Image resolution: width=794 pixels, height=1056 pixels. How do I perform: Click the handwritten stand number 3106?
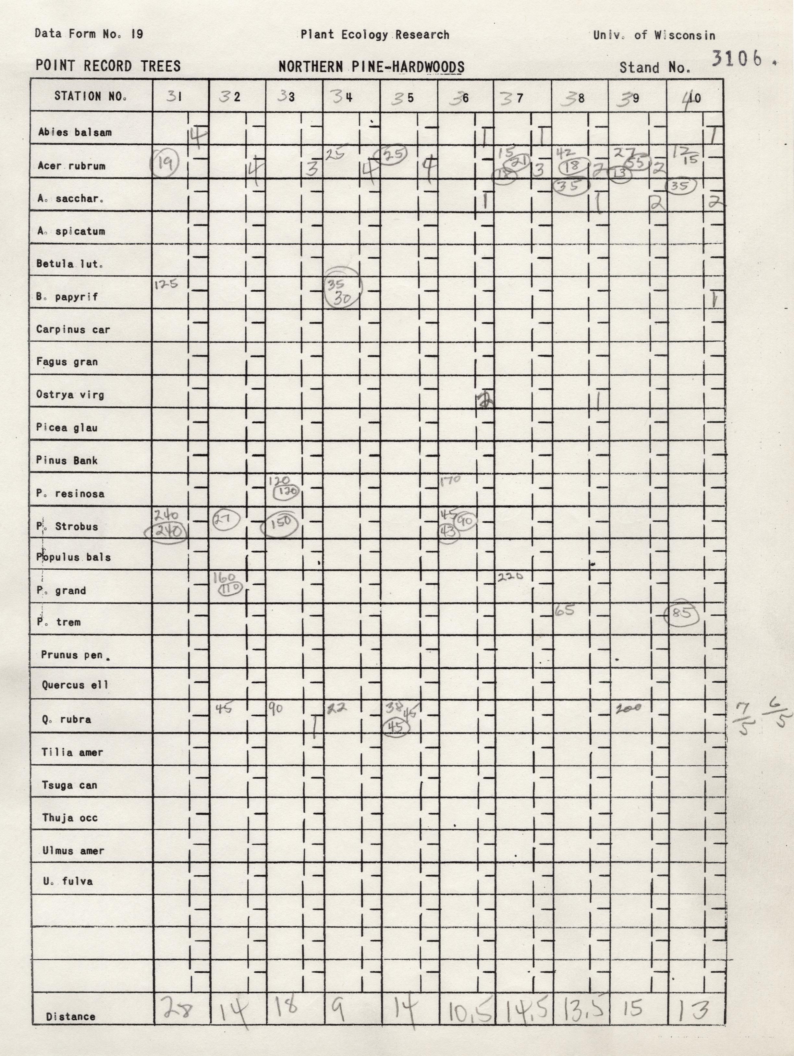(x=736, y=59)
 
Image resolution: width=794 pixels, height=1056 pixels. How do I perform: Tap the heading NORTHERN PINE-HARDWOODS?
(x=372, y=67)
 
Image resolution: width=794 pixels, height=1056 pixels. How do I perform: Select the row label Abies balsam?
(x=75, y=132)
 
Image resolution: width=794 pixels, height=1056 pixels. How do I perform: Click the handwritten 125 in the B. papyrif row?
(x=166, y=285)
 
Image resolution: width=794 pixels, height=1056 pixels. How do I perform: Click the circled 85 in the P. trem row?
(x=682, y=613)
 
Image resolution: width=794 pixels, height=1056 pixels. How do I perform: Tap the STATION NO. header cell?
(x=91, y=96)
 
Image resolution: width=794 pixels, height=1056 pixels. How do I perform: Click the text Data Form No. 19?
(x=89, y=34)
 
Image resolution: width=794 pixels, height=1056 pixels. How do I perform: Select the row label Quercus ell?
(x=75, y=685)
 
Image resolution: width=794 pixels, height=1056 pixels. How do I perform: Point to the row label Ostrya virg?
(x=70, y=395)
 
